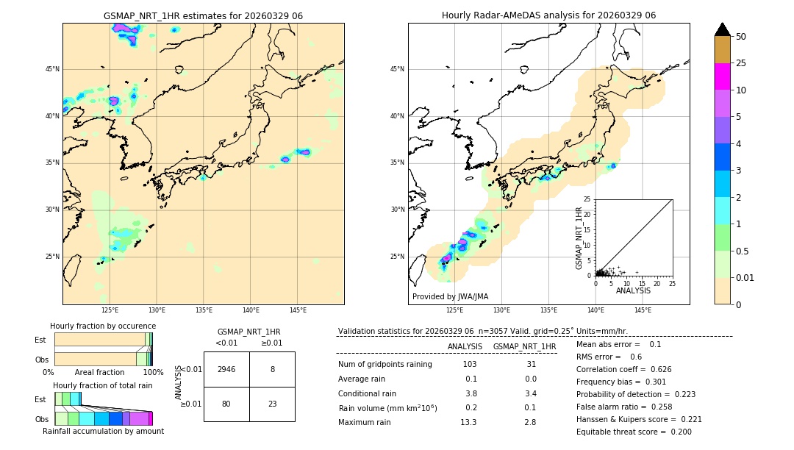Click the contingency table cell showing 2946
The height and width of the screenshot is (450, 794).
click(226, 370)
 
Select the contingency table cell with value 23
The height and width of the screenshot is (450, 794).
click(272, 404)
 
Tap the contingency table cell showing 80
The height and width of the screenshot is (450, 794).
click(226, 404)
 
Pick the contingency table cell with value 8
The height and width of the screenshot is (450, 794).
click(272, 370)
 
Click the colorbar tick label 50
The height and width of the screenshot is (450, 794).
click(741, 37)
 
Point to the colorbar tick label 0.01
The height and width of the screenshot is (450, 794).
click(745, 277)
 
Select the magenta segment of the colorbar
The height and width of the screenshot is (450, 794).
click(723, 76)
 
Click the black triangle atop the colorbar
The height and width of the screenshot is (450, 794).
click(723, 29)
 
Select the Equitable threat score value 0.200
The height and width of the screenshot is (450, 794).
click(676, 432)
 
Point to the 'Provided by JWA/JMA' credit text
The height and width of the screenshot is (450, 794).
click(450, 297)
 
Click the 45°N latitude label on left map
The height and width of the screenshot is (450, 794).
click(52, 69)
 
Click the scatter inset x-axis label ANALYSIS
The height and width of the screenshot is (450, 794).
click(633, 291)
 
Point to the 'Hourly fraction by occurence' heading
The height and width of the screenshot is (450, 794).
click(103, 326)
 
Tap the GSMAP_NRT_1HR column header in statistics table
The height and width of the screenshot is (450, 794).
click(524, 346)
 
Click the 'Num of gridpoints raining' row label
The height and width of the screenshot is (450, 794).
click(385, 365)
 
